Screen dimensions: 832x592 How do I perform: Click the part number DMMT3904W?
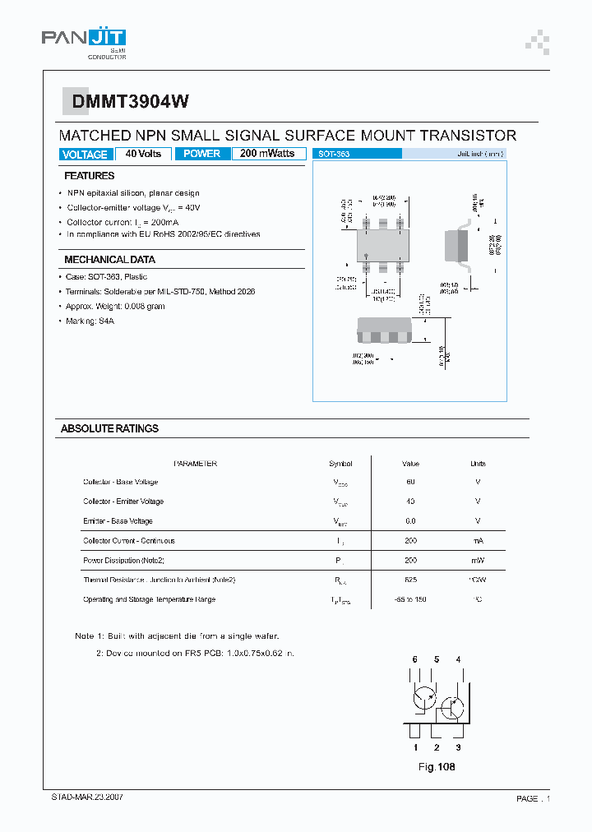tap(130, 101)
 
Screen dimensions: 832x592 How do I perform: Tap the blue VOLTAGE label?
tap(85, 155)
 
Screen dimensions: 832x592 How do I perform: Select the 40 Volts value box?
tap(143, 154)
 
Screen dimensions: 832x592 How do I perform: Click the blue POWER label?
tap(201, 154)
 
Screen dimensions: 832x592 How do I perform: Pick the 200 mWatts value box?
tap(267, 154)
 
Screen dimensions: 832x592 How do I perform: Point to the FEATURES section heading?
tap(90, 176)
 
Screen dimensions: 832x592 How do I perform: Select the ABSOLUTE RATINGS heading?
tap(109, 428)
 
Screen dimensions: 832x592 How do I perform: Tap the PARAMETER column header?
tap(195, 464)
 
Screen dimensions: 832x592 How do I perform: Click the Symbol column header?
tap(340, 464)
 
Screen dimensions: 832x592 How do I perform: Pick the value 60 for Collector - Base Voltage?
tap(410, 482)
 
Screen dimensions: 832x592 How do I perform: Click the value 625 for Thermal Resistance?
tap(410, 580)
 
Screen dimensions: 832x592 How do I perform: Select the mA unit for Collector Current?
tap(478, 541)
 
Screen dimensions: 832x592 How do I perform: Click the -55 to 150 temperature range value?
tap(410, 599)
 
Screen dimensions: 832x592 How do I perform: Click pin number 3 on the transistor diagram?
tap(458, 747)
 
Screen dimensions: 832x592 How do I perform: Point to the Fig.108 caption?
tap(437, 767)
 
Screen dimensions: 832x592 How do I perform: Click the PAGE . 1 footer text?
tap(533, 798)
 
